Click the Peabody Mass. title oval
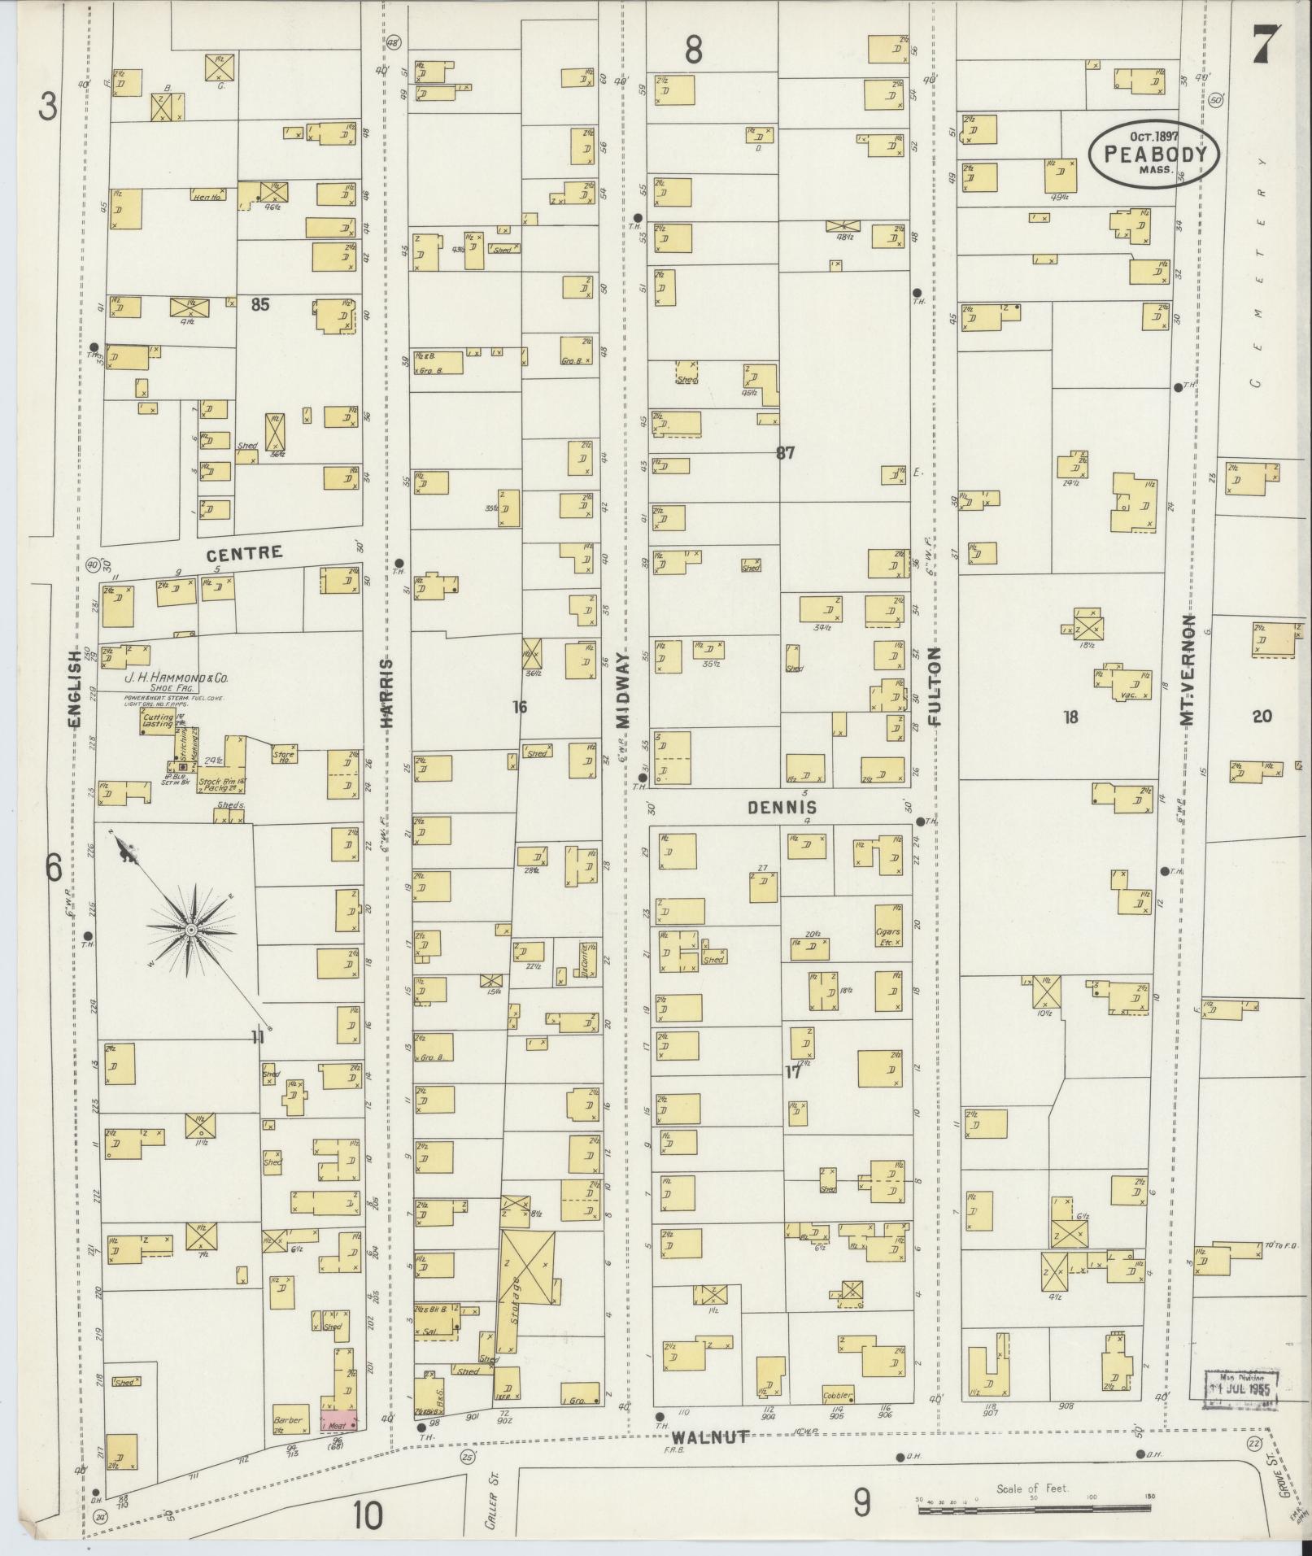1154,155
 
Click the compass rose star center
190,929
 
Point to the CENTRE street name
244,554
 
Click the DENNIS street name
782,807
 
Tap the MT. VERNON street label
1188,683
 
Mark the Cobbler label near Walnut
838,1396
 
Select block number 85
260,304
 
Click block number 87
784,453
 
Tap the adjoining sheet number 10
368,1515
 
